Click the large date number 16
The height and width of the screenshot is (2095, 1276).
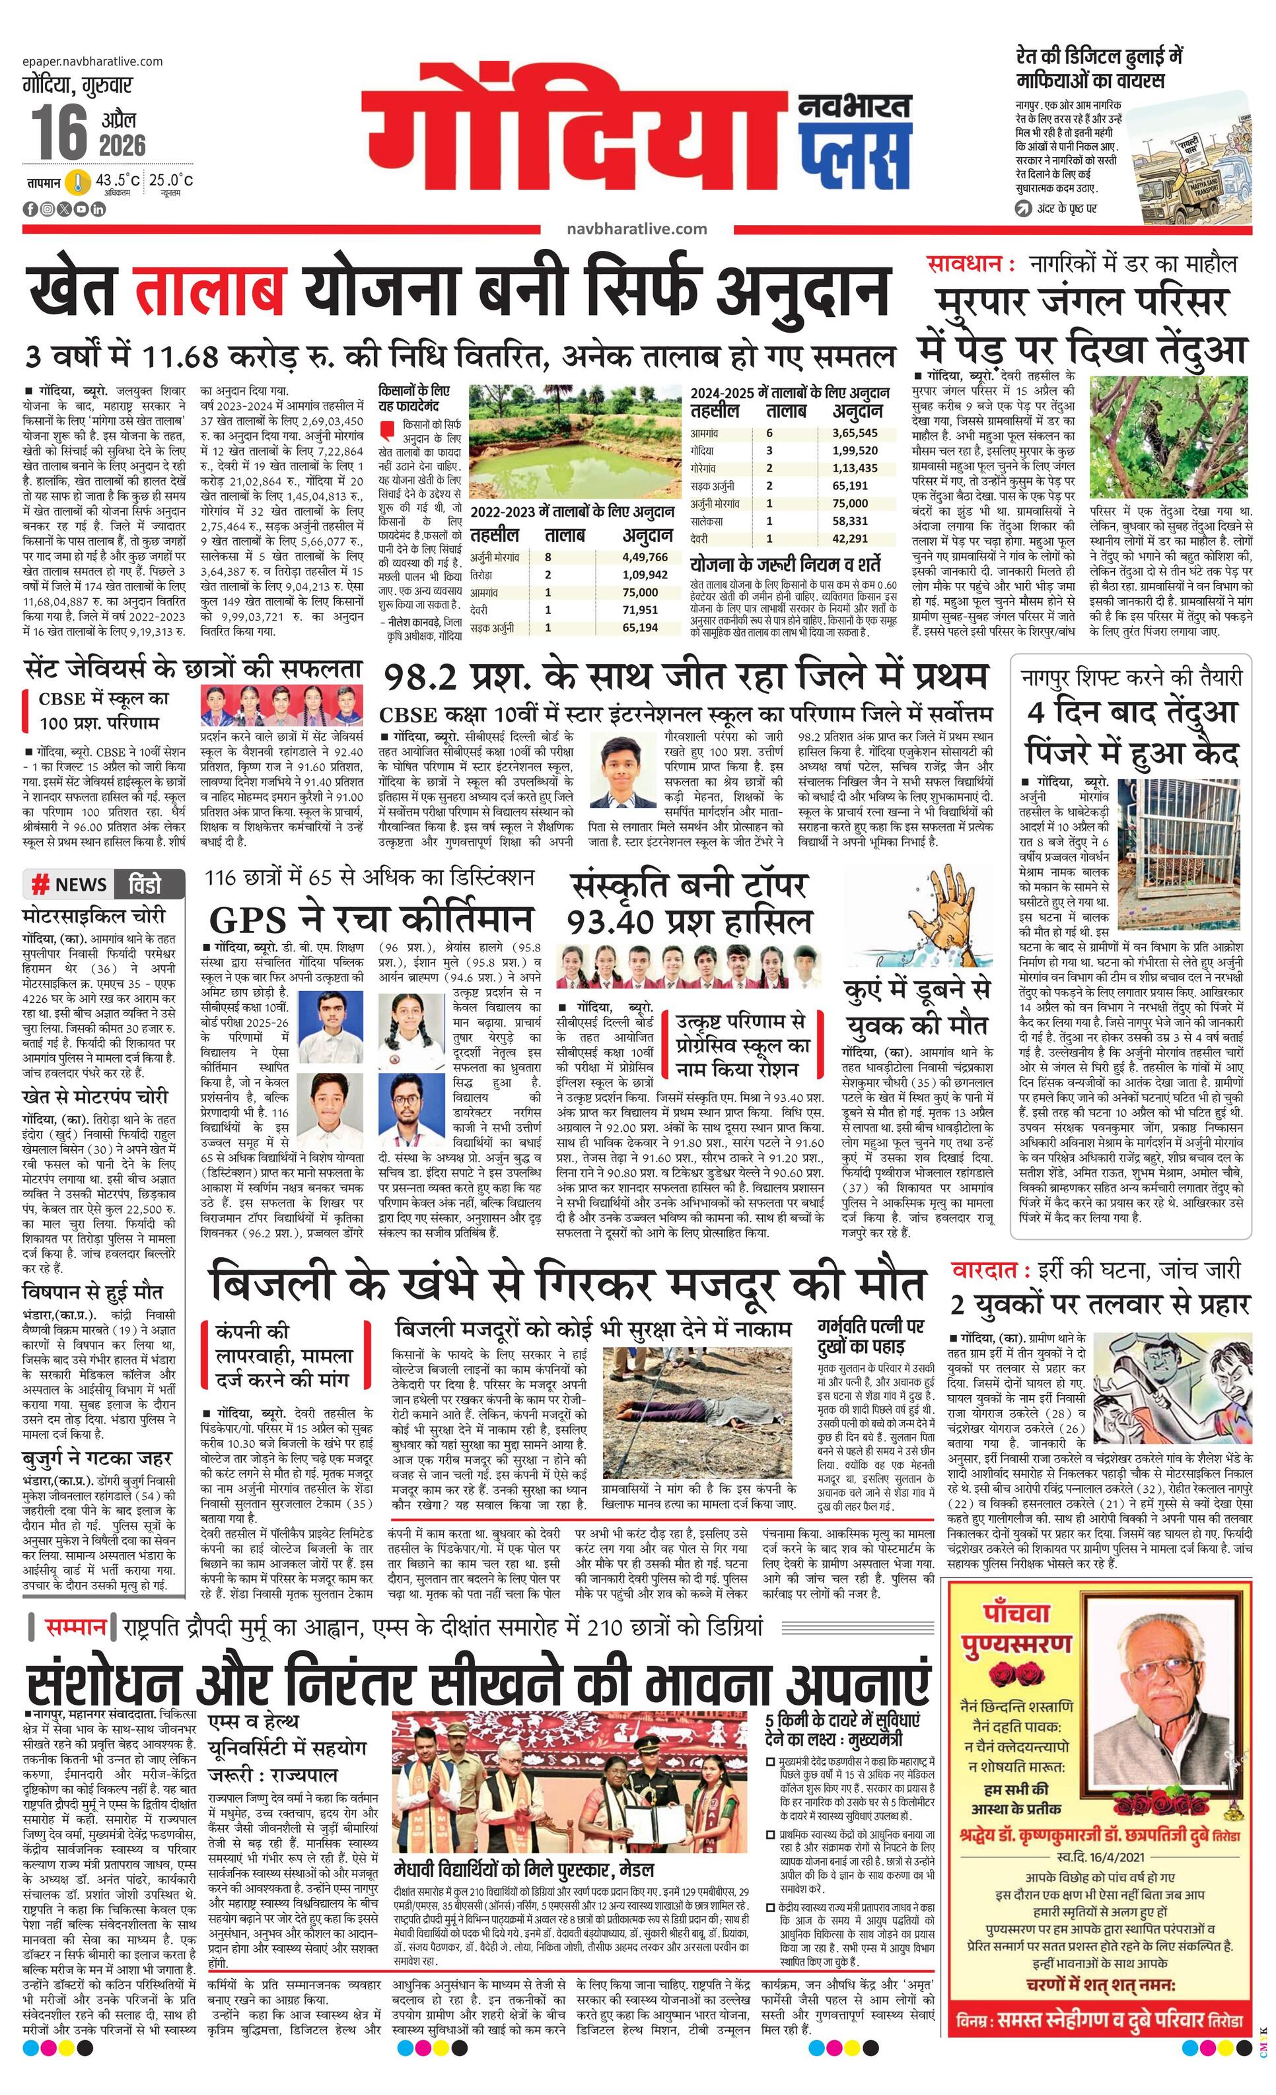(59, 132)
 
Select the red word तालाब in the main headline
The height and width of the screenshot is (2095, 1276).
(209, 290)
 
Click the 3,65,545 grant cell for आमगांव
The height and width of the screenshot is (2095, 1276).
(855, 432)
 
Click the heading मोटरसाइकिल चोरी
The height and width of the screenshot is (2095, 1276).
(94, 916)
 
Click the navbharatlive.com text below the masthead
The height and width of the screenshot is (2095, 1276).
(635, 228)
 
